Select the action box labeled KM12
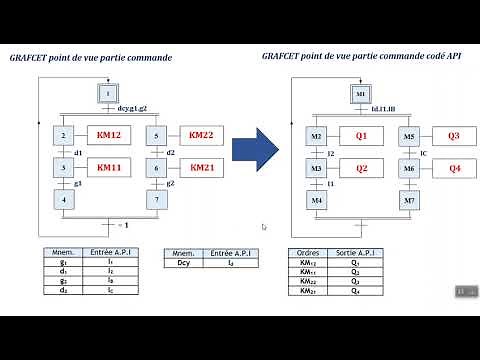[x=109, y=134]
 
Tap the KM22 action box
[x=202, y=134]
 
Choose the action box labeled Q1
[x=361, y=135]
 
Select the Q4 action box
[x=453, y=168]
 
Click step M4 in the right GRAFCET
[x=316, y=201]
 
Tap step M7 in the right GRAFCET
[x=409, y=201]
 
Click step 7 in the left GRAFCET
[x=156, y=201]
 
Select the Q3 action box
[x=453, y=135]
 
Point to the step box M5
[x=409, y=135]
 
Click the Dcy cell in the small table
[x=183, y=263]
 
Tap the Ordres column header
[x=307, y=254]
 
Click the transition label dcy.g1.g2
[x=132, y=107]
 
